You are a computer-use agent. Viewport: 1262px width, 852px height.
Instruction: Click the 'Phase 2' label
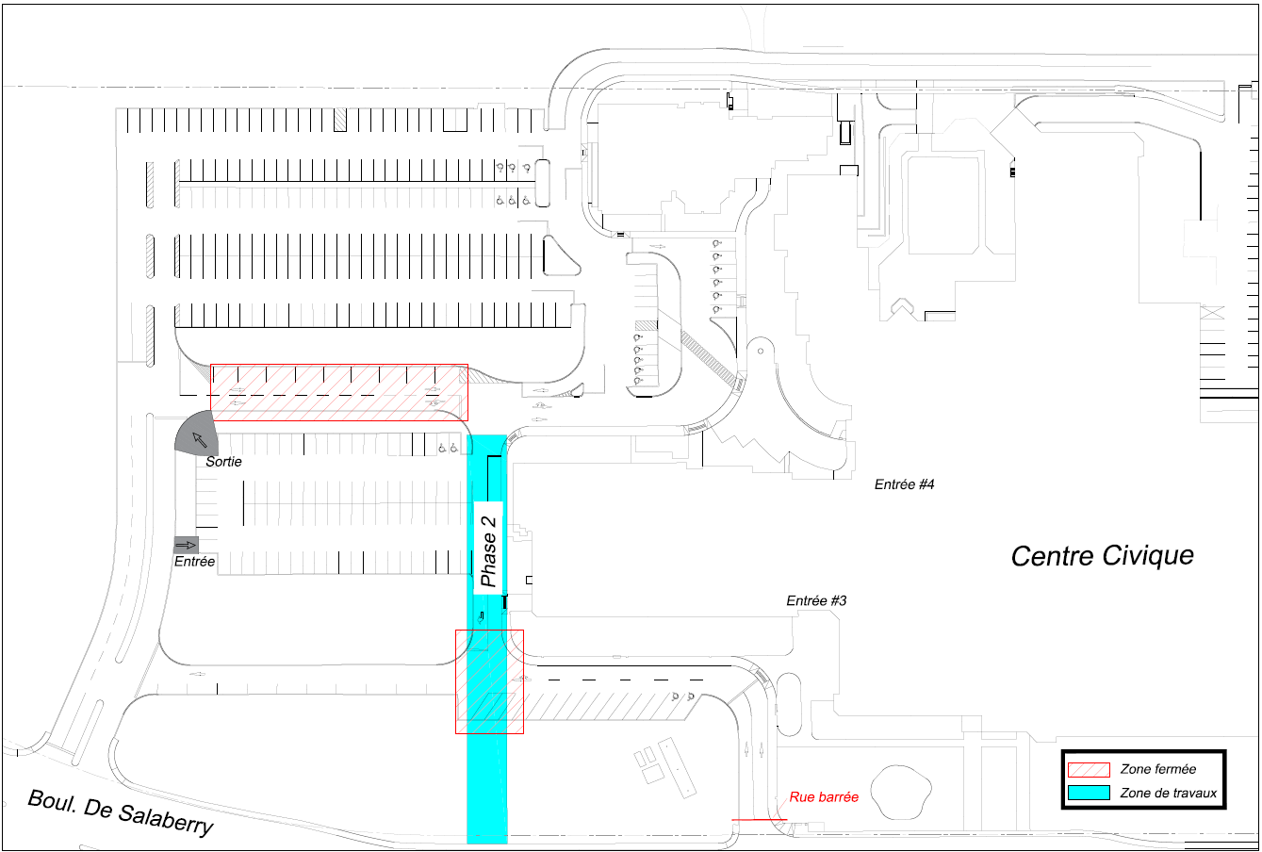(488, 550)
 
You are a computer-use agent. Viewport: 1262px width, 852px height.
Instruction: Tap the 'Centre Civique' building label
(1102, 556)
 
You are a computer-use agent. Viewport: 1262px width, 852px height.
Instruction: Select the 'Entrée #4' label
(904, 484)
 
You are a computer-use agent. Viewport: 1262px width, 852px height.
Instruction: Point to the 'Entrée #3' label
(816, 600)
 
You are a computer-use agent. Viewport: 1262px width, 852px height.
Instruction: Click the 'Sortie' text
(223, 462)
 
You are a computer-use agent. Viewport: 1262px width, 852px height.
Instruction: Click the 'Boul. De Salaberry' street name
(121, 812)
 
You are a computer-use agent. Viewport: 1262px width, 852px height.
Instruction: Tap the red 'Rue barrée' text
(824, 796)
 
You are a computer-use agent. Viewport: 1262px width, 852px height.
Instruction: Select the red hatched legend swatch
(1089, 769)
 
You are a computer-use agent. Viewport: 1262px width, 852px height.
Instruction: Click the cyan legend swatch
(1089, 793)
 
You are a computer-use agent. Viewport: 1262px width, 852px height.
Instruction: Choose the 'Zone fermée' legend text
(1157, 769)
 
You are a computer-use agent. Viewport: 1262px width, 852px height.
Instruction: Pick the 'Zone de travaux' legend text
(1169, 793)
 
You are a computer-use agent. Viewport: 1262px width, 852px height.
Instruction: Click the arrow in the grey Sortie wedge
(200, 439)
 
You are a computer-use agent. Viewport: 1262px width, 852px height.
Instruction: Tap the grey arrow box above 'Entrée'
(186, 545)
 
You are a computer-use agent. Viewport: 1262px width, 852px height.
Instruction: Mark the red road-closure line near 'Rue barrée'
(759, 819)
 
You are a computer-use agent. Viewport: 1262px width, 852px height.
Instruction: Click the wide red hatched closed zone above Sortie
(339, 392)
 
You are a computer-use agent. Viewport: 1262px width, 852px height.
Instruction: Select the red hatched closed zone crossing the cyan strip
(489, 681)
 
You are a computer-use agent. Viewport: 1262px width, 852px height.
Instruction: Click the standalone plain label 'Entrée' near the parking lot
(194, 561)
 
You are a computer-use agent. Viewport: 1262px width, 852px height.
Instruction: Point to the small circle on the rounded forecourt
(761, 351)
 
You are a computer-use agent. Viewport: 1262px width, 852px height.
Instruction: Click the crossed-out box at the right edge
(1212, 312)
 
